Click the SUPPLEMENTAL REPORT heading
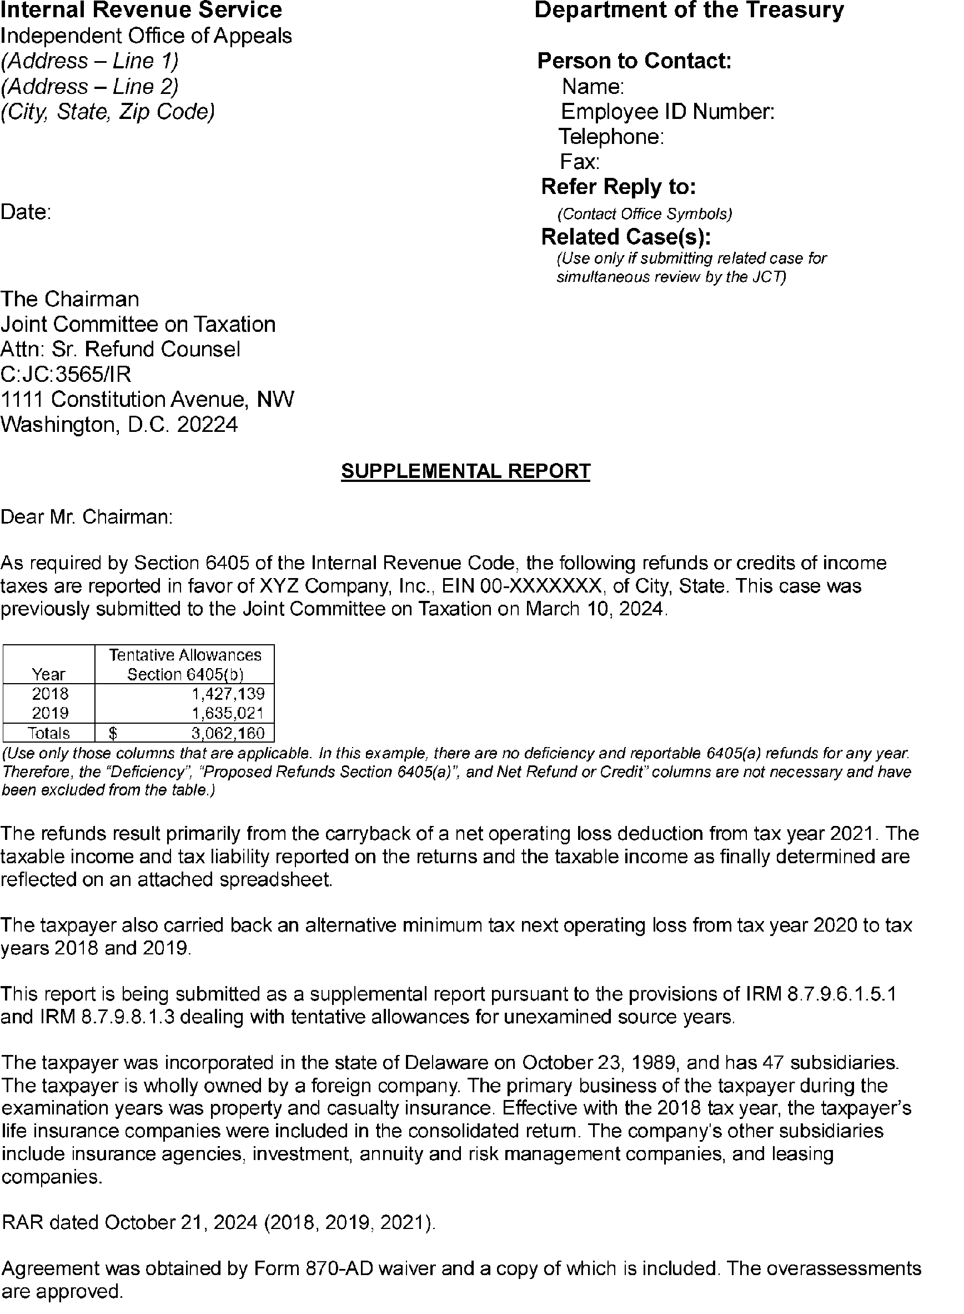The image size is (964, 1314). [465, 471]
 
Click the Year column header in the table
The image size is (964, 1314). [49, 675]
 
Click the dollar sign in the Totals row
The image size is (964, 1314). [114, 733]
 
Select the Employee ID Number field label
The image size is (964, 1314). [667, 112]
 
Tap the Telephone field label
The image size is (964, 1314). [611, 137]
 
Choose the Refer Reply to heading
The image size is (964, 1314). [618, 187]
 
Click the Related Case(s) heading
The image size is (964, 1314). [626, 237]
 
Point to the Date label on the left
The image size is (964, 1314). [26, 212]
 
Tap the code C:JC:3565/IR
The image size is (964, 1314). [66, 374]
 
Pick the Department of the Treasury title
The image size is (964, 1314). [689, 11]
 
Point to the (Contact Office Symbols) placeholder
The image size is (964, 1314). [644, 215]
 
